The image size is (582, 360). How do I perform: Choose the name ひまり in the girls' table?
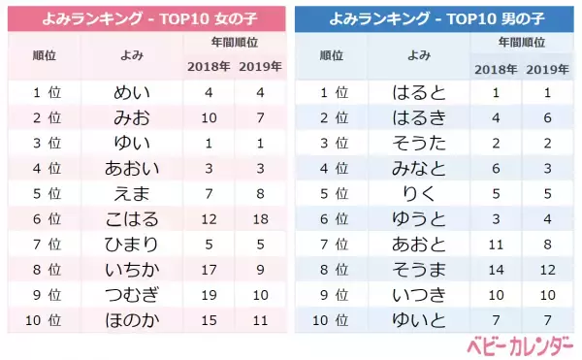tap(134, 244)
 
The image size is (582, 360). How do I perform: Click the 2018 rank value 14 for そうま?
tap(495, 269)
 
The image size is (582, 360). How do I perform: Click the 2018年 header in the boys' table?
tap(495, 68)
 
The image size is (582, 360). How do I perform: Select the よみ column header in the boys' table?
tap(420, 56)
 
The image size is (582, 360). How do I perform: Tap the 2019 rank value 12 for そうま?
tap(547, 269)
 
